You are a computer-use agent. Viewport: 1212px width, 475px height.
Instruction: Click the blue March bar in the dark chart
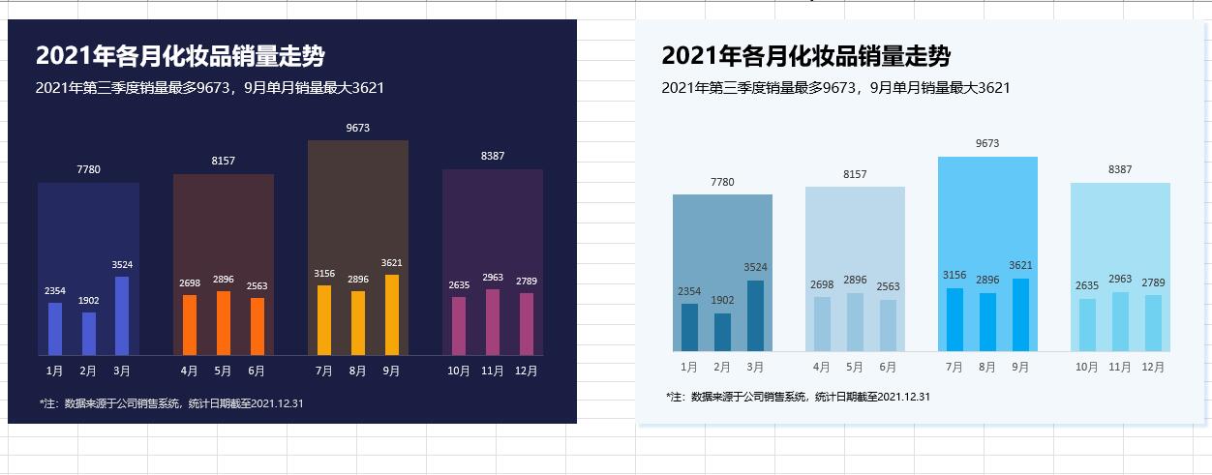(x=122, y=315)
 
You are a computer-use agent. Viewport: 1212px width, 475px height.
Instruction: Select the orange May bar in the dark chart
(x=224, y=322)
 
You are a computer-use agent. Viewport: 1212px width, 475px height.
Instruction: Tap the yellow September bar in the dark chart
(x=391, y=314)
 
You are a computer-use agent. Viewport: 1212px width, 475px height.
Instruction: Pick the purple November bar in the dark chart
(x=493, y=321)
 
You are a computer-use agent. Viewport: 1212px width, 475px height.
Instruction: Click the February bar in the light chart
(x=722, y=331)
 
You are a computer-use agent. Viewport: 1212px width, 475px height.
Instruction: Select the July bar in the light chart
(x=954, y=319)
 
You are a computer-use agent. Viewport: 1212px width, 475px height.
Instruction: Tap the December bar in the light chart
(x=1153, y=322)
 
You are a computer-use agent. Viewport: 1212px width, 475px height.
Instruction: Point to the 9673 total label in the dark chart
(x=358, y=128)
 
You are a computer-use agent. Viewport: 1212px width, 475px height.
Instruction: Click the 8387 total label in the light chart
(x=1119, y=169)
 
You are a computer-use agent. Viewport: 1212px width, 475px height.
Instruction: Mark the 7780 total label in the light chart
(x=722, y=182)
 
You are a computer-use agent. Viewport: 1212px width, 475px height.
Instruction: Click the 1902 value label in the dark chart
(x=88, y=301)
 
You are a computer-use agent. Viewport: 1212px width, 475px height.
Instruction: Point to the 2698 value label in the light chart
(x=822, y=284)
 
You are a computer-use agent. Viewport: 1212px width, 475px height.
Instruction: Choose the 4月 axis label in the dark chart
(x=190, y=371)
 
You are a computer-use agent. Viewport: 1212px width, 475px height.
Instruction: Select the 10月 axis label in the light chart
(x=1087, y=368)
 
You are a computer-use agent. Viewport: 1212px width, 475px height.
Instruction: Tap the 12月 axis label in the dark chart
(x=526, y=371)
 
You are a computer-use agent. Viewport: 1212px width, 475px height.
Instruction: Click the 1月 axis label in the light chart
(x=689, y=368)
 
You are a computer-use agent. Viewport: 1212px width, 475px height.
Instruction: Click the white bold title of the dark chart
(x=187, y=56)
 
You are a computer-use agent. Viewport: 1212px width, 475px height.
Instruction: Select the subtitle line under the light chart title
(x=835, y=88)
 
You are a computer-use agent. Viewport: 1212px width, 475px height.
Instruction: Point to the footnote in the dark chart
(x=171, y=403)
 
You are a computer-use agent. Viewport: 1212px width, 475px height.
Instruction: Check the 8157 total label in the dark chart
(x=224, y=161)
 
